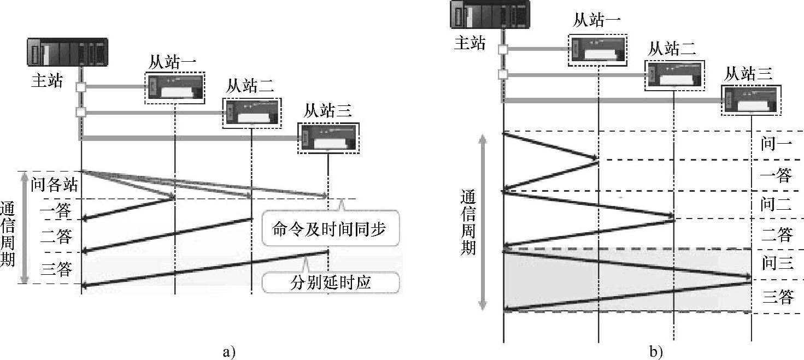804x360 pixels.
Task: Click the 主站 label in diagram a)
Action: (x=47, y=81)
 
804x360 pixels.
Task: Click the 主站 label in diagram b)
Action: (x=470, y=43)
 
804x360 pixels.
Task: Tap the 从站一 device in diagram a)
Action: (x=175, y=87)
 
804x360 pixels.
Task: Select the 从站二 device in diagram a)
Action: (x=251, y=114)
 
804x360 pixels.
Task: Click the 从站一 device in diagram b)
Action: (x=597, y=51)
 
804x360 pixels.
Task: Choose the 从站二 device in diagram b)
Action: (x=673, y=75)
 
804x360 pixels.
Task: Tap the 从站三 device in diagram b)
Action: (x=751, y=100)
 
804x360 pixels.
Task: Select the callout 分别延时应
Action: (x=331, y=282)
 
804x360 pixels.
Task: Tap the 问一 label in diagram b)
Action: (x=776, y=145)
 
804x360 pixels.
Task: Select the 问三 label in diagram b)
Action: (x=777, y=264)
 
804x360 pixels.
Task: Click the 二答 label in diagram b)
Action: (x=777, y=235)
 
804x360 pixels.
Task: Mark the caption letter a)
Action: (x=229, y=352)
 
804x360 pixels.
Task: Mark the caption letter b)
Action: (x=656, y=352)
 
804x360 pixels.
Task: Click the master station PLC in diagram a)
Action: (x=67, y=53)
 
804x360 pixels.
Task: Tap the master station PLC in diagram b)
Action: (x=490, y=14)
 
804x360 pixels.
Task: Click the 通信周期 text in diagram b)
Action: (x=468, y=222)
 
